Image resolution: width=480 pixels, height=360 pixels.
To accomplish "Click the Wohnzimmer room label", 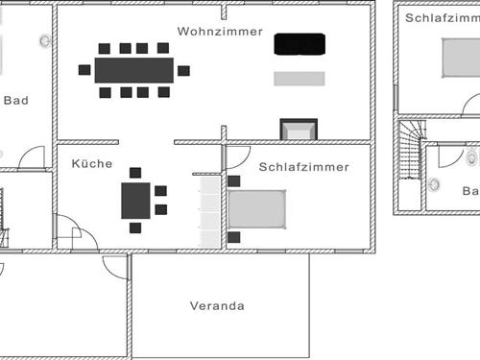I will pos(220,32).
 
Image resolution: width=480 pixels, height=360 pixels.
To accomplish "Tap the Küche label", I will pos(92,164).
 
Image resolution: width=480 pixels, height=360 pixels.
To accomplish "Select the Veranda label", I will pos(218,307).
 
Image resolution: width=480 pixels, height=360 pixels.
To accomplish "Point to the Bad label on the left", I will pos(15,100).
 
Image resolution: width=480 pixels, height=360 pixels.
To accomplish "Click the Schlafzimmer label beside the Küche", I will pos(303,166).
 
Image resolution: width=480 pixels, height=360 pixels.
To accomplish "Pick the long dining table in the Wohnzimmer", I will pos(133,70).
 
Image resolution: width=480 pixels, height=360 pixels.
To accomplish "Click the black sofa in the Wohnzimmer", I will pos(300,44).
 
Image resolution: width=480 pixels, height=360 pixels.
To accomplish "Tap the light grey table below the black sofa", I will pos(300,79).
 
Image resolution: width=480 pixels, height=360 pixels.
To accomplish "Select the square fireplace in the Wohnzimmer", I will pos(298,130).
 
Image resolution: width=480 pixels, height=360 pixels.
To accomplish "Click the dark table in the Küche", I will pos(135,201).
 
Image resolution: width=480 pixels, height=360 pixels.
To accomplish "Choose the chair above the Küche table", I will pos(135,173).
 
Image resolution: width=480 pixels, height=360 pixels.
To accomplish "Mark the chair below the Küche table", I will pos(135,228).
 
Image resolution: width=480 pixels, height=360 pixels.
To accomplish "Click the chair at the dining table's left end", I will pos(85,70).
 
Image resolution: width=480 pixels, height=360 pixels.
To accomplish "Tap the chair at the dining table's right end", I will pos(183,70).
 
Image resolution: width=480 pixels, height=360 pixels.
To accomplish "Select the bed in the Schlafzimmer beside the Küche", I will pos(257,208).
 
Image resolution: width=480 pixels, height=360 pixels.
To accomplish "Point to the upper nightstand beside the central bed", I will pos(234,180).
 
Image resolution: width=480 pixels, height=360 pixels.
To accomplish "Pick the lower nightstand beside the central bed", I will pos(234,236).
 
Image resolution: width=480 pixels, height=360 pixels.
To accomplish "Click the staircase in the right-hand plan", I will pos(411,148).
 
